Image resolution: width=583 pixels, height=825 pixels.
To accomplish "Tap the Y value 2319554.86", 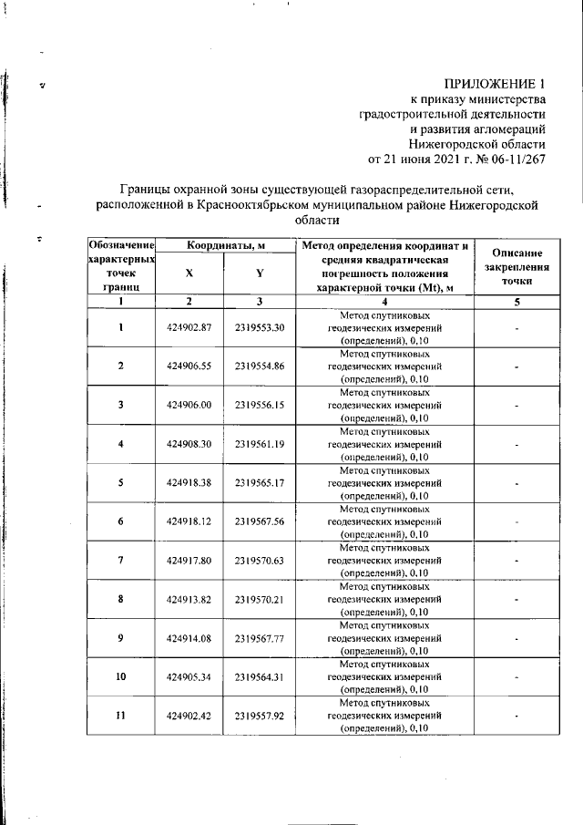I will (260, 366).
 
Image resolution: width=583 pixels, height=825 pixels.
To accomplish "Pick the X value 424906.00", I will (189, 405).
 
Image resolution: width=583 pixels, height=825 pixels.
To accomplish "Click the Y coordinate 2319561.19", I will (260, 444).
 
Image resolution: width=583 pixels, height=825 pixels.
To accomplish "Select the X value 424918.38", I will (189, 482).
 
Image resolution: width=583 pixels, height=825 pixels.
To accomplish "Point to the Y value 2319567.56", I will (260, 521).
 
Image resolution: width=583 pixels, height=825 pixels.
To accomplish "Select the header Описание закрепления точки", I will (517, 268).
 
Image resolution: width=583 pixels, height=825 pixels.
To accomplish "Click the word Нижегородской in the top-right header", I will (451, 143).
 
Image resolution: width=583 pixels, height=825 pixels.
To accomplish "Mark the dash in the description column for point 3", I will (517, 405).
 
